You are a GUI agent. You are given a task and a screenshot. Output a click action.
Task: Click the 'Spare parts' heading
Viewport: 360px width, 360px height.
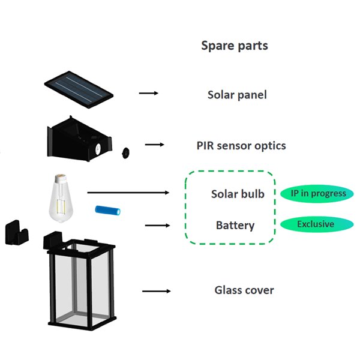coord(234,46)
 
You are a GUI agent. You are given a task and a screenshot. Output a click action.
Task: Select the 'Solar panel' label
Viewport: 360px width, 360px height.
coord(237,95)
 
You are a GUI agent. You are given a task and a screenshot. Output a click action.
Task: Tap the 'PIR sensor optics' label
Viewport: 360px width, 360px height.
coord(241,145)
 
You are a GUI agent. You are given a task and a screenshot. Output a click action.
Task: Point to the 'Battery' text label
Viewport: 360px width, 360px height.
coord(235,226)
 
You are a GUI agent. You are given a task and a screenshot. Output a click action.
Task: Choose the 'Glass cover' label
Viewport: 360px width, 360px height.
coord(244,290)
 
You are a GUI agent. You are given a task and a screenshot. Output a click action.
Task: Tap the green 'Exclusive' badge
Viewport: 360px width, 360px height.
coord(316,224)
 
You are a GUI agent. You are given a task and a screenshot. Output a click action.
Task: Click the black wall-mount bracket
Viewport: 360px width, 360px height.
coord(17,231)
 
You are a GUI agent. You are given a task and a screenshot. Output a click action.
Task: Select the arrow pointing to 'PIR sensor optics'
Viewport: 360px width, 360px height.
coord(154,144)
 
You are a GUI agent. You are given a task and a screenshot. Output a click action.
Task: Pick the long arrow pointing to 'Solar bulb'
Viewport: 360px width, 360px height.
coord(128,193)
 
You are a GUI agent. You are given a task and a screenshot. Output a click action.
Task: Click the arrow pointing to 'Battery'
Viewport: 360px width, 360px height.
coord(157,226)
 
